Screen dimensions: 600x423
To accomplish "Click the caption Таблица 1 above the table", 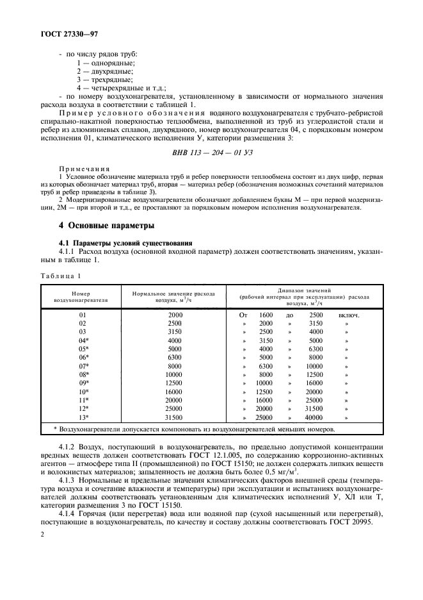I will pos(61,276).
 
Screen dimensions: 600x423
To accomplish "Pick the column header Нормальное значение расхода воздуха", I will pos(173,294).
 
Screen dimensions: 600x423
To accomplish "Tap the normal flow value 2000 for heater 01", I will pos(175,315).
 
